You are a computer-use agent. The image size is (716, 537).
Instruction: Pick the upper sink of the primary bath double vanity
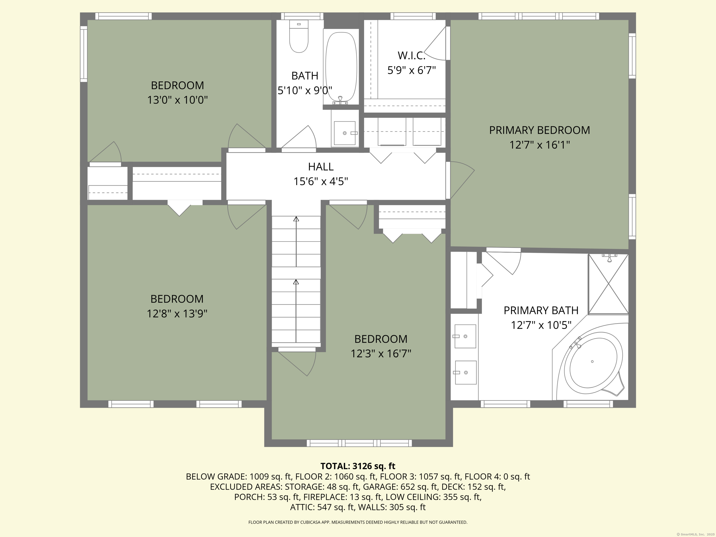465,336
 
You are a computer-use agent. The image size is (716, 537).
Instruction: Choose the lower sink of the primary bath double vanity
466,372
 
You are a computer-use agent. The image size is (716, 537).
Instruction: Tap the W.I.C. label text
411,56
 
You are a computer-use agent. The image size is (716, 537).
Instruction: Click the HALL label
320,167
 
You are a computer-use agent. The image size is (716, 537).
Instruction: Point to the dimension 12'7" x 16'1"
539,145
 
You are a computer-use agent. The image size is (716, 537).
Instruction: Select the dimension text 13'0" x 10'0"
177,100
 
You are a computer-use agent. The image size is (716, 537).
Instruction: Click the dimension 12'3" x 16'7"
381,354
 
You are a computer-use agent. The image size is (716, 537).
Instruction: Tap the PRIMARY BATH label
540,310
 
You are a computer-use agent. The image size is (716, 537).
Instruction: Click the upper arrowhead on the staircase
296,219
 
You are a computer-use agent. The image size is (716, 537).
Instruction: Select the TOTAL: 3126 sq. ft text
358,466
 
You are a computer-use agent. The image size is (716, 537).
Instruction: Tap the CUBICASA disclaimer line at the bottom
358,522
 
